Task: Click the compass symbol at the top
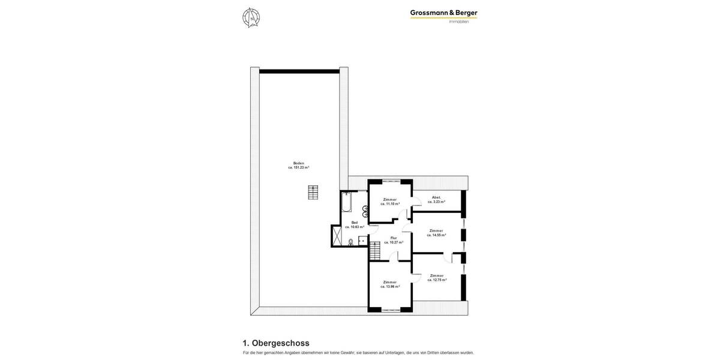coord(251,17)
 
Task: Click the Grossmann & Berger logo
coord(443,13)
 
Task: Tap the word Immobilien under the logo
coord(459,22)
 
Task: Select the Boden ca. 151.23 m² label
coord(299,165)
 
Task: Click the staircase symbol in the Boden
coord(313,192)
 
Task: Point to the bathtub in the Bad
coord(347,202)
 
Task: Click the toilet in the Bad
coord(350,242)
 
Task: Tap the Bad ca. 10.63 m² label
coord(354,224)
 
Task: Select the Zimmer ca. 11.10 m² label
coord(390,202)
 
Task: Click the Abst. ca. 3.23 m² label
coord(436,199)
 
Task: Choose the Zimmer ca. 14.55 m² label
coord(436,233)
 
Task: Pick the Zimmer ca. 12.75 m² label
coord(437,278)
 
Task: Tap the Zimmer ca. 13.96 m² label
coord(390,284)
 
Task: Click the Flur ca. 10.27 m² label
coord(394,240)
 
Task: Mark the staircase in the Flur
coord(374,250)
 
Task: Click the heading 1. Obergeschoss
coord(276,343)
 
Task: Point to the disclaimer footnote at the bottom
coord(358,353)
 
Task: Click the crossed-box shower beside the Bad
coord(336,236)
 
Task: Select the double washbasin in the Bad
coord(365,211)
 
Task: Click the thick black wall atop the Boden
coord(299,71)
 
